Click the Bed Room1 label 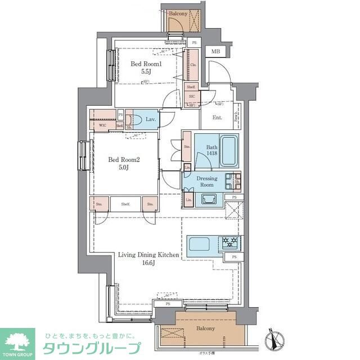(x=146, y=64)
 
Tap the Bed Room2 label (x=123, y=160)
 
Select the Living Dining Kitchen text (x=148, y=255)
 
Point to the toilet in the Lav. (x=131, y=120)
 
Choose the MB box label (x=215, y=52)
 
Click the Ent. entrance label (x=217, y=118)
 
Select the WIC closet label (x=103, y=125)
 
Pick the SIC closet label (x=191, y=97)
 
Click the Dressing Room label (x=206, y=181)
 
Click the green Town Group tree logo (x=17, y=340)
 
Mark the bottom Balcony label (x=205, y=328)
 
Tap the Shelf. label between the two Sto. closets (x=125, y=204)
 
